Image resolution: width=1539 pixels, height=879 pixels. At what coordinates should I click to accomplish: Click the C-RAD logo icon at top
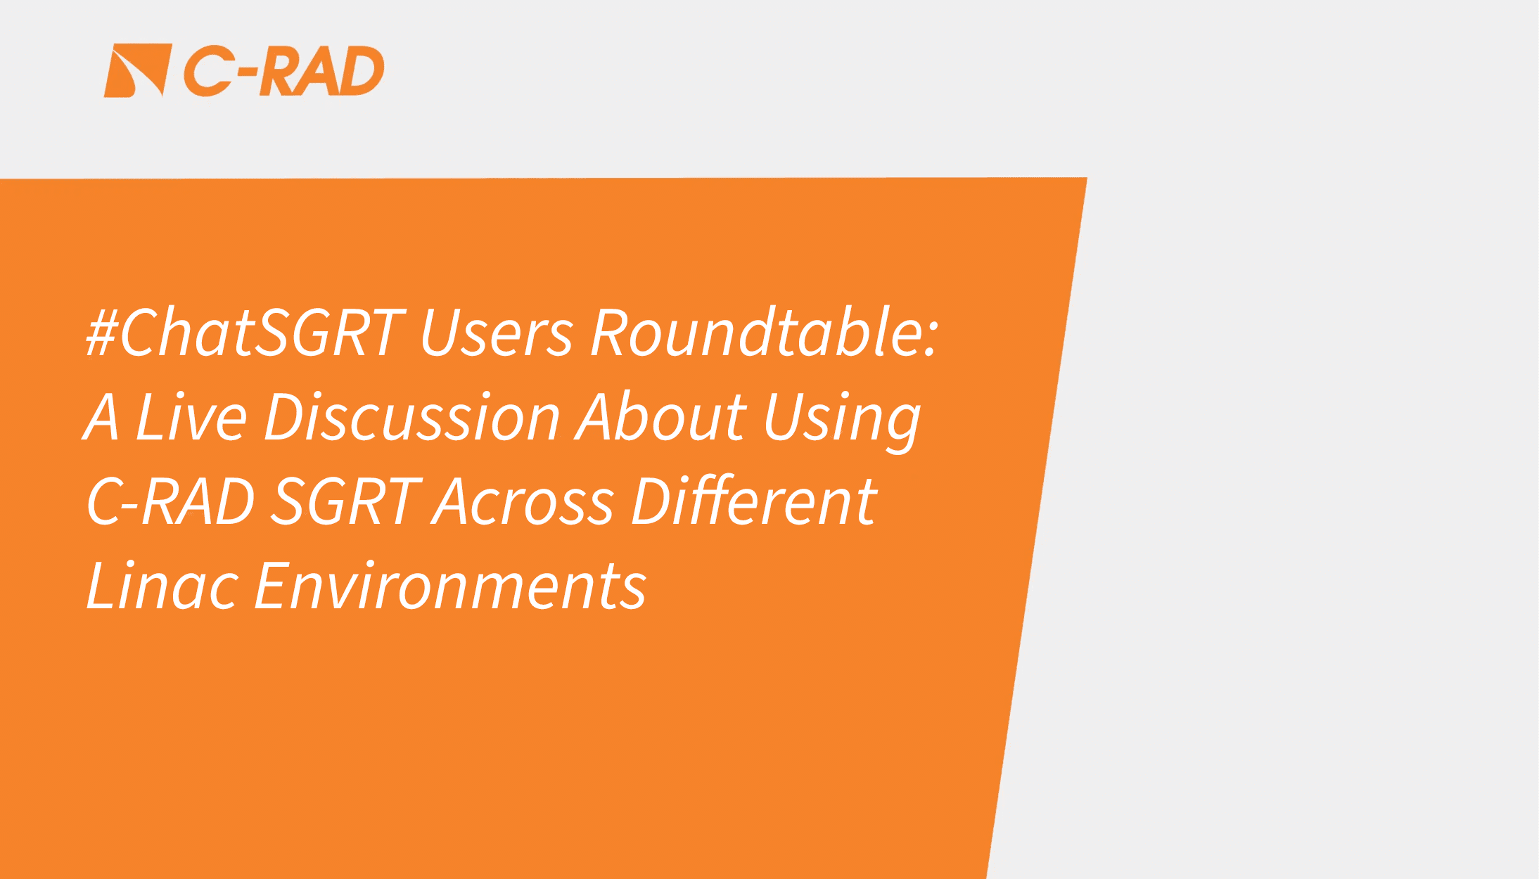(x=138, y=70)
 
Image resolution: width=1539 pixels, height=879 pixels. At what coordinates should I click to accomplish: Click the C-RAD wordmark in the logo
(x=284, y=70)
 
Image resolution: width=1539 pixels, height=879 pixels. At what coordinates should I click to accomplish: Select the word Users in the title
(x=497, y=332)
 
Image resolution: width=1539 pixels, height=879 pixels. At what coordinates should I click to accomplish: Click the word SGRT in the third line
(x=346, y=501)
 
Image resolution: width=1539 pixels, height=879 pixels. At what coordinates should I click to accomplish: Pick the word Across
(x=523, y=501)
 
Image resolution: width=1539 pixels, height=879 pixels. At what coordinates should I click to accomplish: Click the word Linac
(x=162, y=585)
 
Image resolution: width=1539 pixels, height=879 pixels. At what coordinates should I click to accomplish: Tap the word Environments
(x=450, y=585)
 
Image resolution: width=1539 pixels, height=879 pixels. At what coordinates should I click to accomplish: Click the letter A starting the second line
(x=101, y=416)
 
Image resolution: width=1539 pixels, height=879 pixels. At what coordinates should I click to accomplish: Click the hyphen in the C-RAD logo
(x=247, y=71)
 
